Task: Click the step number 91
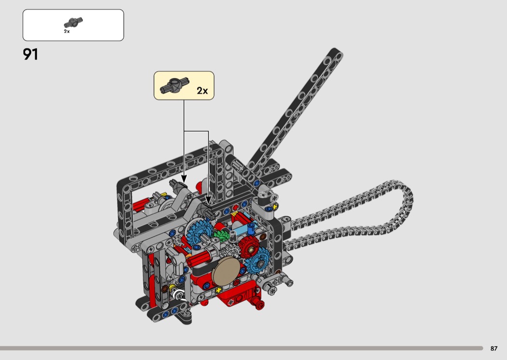31,55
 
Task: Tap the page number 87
494,348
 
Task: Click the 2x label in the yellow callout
202,91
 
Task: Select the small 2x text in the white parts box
67,31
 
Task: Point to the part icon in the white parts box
73,23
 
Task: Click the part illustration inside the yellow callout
174,85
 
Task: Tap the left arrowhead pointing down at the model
184,179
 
